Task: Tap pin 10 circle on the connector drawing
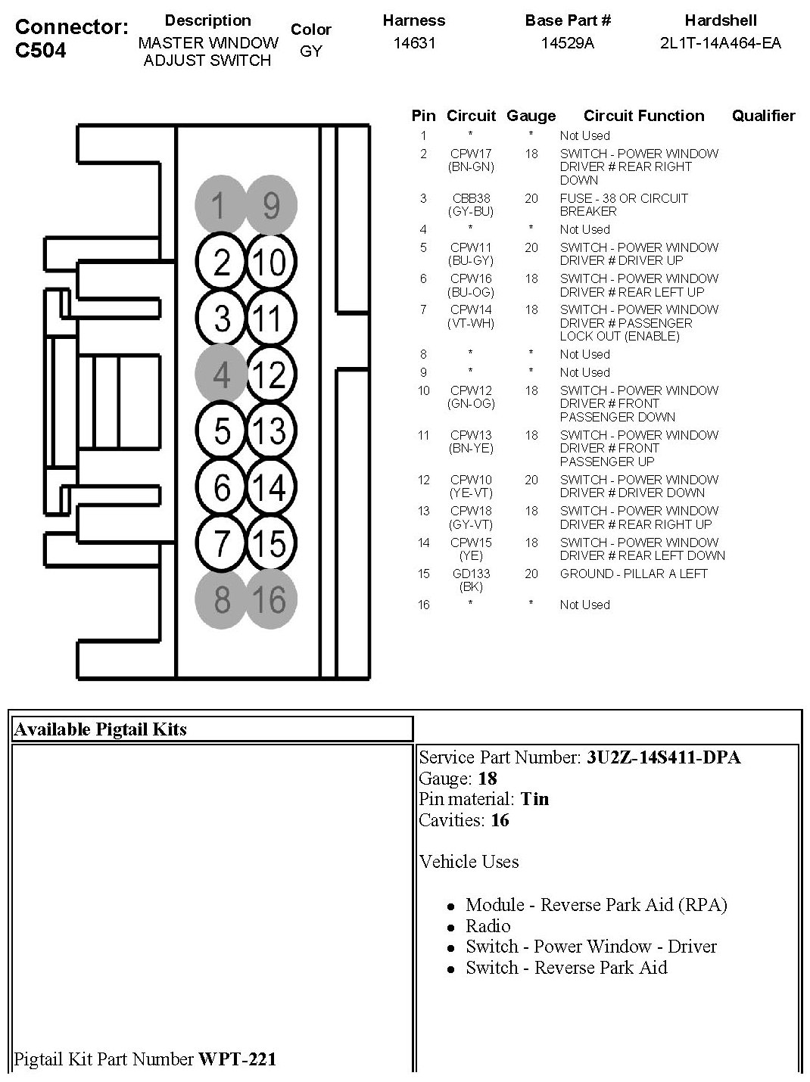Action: pyautogui.click(x=270, y=262)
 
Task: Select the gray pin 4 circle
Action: pyautogui.click(x=221, y=375)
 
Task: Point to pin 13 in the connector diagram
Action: pyautogui.click(x=270, y=431)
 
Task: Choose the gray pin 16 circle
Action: pyautogui.click(x=270, y=600)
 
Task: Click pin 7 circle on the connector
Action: pyautogui.click(x=221, y=543)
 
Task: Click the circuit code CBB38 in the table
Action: pyautogui.click(x=471, y=198)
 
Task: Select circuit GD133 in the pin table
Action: pyautogui.click(x=471, y=574)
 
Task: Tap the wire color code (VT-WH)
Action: pyautogui.click(x=471, y=323)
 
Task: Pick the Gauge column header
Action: pyautogui.click(x=531, y=116)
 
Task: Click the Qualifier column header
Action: pyautogui.click(x=763, y=116)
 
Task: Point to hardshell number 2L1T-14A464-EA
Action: pyautogui.click(x=720, y=43)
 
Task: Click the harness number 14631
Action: pyautogui.click(x=414, y=43)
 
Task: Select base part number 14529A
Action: pyautogui.click(x=568, y=43)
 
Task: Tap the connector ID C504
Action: pyautogui.click(x=40, y=51)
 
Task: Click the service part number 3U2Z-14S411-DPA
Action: pyautogui.click(x=663, y=757)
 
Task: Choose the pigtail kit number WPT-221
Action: pyautogui.click(x=237, y=1059)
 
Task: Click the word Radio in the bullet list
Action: pyautogui.click(x=488, y=925)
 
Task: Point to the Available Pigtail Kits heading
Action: pyautogui.click(x=100, y=729)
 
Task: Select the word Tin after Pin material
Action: pyautogui.click(x=534, y=799)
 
